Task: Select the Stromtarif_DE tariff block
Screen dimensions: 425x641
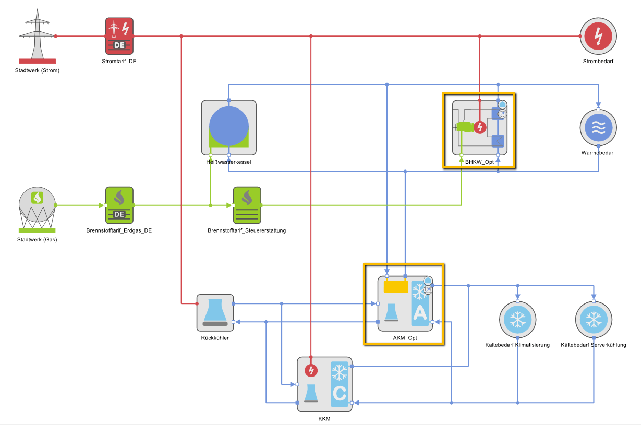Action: coord(119,36)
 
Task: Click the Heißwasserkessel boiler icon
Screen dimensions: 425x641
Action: coord(228,127)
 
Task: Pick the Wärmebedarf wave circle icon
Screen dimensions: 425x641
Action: coord(598,128)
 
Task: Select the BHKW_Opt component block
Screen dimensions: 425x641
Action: coord(479,128)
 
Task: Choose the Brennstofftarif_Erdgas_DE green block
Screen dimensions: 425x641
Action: coord(119,205)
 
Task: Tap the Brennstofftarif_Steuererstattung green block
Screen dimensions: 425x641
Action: coord(247,205)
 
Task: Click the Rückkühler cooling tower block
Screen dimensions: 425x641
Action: coord(215,312)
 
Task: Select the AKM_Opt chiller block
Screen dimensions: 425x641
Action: coord(405,303)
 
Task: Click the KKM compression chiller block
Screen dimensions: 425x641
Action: coord(324,384)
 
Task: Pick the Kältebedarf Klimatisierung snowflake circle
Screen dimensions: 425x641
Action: coord(517,320)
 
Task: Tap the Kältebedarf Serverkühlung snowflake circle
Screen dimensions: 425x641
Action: coord(594,320)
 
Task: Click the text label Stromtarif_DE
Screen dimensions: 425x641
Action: coord(119,61)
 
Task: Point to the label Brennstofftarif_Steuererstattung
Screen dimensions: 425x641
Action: coord(247,230)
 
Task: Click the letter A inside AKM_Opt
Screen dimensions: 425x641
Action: coord(419,313)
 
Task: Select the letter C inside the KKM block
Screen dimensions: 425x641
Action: coord(340,393)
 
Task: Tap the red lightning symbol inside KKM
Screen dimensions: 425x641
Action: coord(311,370)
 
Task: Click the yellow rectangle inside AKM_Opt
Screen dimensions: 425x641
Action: coord(395,287)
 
